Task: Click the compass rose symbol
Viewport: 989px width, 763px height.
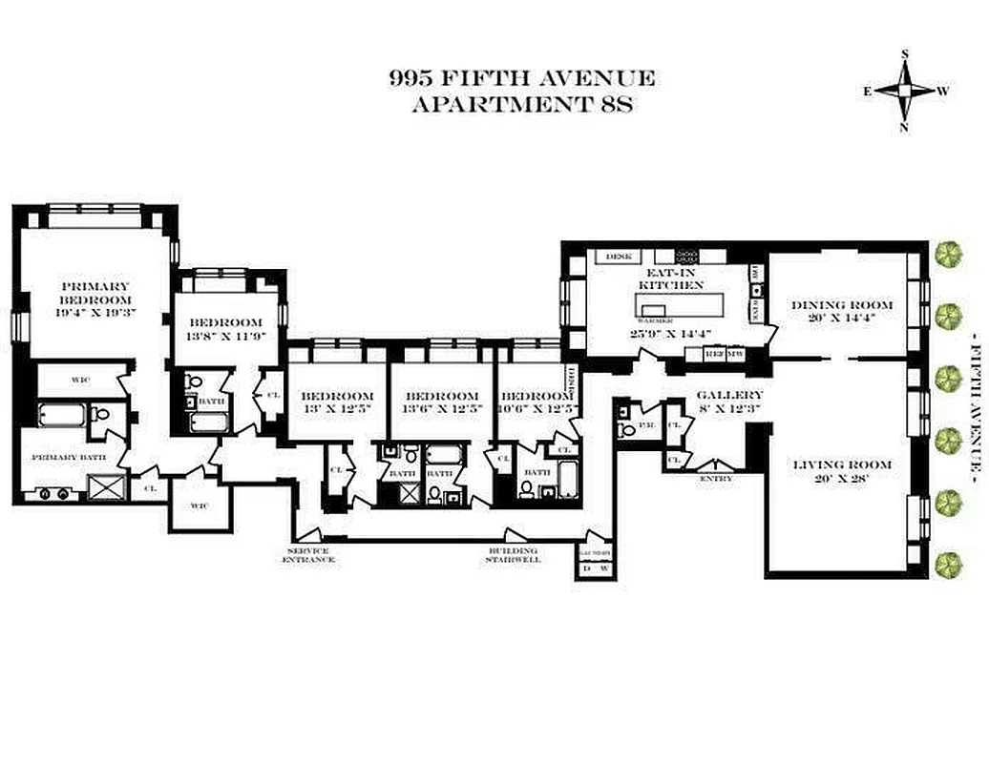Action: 905,92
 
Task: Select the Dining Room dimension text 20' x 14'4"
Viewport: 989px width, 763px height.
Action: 842,319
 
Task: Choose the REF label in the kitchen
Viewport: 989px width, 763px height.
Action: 714,354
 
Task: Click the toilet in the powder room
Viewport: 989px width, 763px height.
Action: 627,429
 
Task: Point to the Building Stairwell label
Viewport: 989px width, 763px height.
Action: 514,555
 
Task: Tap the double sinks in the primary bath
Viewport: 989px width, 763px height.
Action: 54,494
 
